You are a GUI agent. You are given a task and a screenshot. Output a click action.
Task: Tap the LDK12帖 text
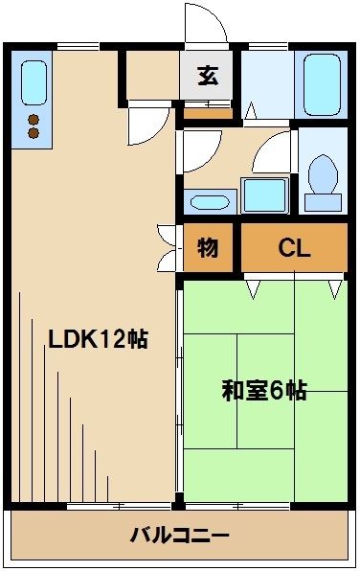click(98, 339)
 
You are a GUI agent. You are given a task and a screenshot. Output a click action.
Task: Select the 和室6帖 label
click(264, 391)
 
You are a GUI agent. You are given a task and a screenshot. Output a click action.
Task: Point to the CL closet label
click(294, 249)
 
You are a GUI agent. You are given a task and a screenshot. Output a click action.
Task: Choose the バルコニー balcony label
click(179, 534)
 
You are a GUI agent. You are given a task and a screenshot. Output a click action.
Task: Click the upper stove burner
click(34, 120)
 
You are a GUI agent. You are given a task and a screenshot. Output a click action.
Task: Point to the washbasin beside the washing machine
click(210, 202)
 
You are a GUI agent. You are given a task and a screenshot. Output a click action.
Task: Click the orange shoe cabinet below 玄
click(207, 112)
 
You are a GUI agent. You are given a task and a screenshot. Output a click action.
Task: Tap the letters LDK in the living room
click(71, 339)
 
